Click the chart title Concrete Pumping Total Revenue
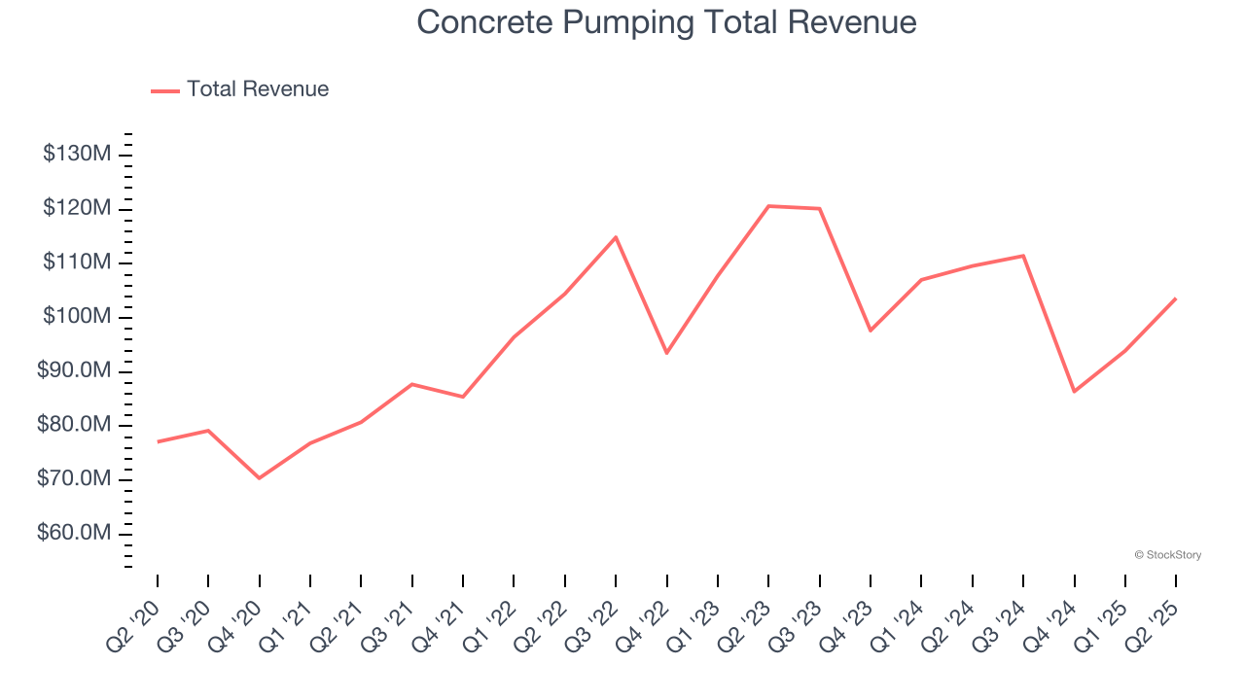point(666,22)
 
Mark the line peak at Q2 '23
point(768,206)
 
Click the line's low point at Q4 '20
point(260,478)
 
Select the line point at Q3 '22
point(616,237)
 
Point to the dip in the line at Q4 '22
point(666,353)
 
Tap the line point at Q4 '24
point(1074,392)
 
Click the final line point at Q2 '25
point(1176,298)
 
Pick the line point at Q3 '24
point(1023,256)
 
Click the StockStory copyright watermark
point(1167,555)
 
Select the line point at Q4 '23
point(871,331)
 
